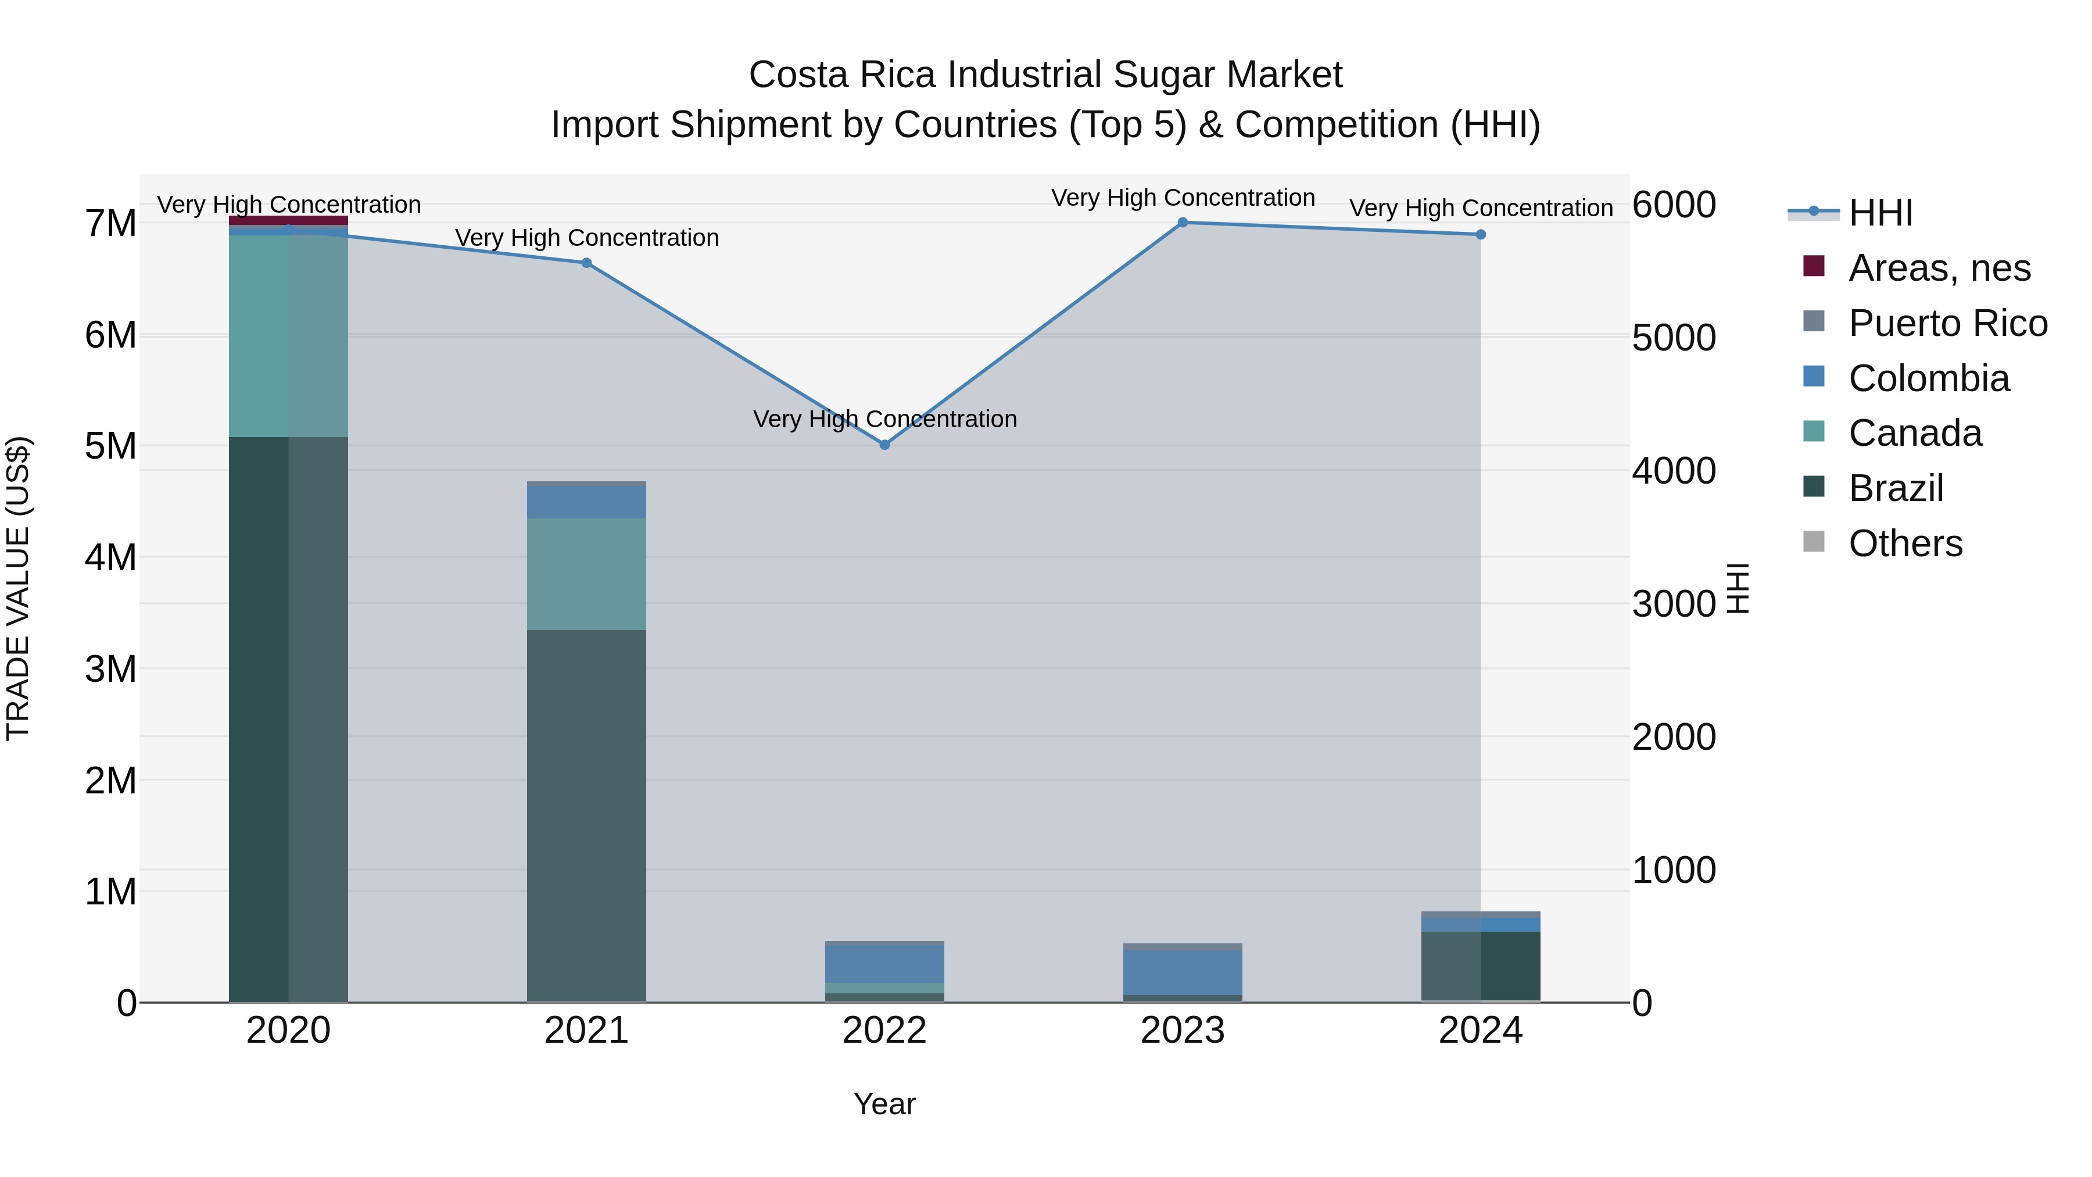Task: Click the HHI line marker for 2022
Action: point(884,444)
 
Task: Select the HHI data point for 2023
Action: point(1183,223)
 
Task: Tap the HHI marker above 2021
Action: point(586,262)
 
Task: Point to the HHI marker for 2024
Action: point(1481,235)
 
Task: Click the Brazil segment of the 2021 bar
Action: point(586,813)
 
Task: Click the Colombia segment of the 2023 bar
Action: point(1183,971)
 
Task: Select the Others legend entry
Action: point(1904,543)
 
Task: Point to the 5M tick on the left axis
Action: point(111,446)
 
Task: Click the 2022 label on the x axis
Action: point(884,1031)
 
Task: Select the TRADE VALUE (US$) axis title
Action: point(18,588)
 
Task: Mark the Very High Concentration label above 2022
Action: point(884,419)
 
